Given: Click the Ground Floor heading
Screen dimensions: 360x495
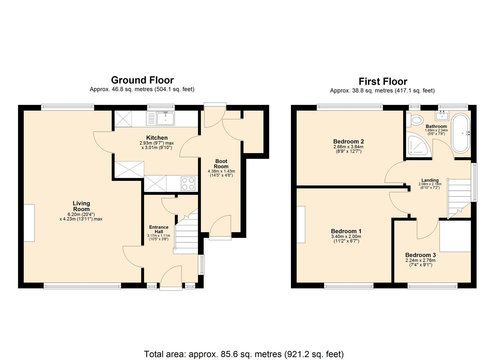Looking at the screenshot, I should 142,80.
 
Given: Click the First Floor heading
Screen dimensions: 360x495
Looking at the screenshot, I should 383,82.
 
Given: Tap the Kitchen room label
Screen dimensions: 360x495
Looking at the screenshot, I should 157,138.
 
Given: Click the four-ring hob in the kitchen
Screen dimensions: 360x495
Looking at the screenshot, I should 188,184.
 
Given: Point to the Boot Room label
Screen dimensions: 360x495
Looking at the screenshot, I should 221,164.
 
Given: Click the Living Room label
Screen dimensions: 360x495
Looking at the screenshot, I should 81,206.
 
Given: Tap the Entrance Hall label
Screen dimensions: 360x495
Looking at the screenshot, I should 159,229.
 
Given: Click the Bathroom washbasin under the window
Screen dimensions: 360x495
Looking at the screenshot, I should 443,116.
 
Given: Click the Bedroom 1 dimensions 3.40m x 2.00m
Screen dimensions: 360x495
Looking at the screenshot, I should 346,237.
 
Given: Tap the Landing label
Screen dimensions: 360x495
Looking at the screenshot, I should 430,180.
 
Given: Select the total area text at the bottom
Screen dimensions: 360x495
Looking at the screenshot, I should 244,354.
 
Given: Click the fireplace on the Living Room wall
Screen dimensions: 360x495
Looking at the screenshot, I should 29,223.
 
